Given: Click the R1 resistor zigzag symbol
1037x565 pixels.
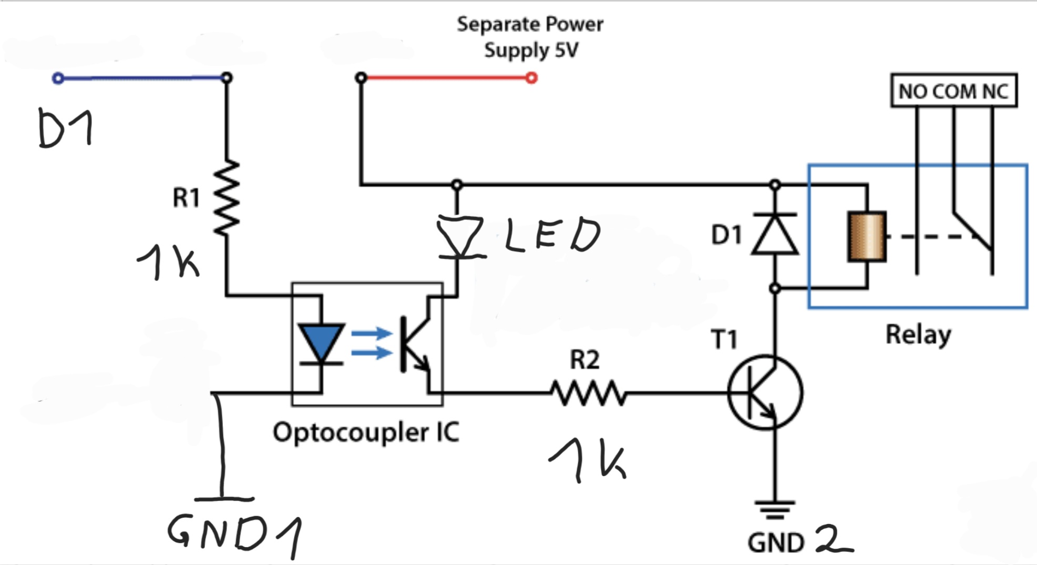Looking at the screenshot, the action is [227, 197].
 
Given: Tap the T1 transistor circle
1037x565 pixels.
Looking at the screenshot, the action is [765, 392].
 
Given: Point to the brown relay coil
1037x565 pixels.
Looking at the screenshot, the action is [867, 236].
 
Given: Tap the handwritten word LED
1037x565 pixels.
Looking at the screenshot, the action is [552, 235].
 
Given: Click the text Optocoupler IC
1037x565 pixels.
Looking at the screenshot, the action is [366, 433].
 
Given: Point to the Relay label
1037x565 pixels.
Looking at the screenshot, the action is [918, 335].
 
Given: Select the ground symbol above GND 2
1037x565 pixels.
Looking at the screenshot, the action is [775, 509].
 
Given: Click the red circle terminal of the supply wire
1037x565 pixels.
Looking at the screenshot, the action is [531, 78].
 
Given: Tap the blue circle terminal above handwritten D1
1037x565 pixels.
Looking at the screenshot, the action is [58, 78].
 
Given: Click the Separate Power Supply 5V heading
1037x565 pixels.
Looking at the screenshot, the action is [530, 37].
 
